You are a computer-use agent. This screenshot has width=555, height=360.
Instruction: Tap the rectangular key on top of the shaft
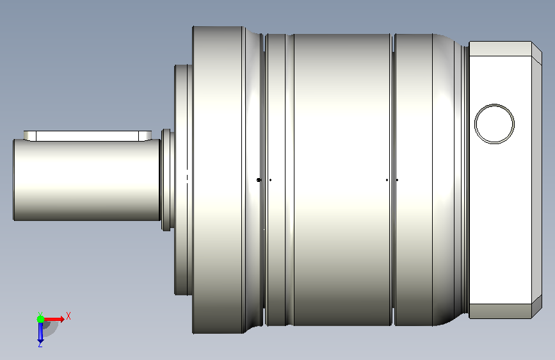click(x=88, y=136)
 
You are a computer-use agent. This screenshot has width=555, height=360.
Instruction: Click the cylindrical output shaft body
click(x=86, y=180)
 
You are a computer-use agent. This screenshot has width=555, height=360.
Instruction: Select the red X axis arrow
click(x=53, y=319)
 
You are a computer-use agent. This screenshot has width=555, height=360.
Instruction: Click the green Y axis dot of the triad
click(x=41, y=319)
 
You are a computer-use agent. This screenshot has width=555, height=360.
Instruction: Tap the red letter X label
click(x=68, y=316)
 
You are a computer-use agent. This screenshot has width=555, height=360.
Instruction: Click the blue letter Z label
click(x=40, y=344)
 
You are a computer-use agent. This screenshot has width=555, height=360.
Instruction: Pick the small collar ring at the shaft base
click(x=166, y=180)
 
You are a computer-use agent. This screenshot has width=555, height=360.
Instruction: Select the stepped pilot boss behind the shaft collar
click(x=183, y=180)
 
